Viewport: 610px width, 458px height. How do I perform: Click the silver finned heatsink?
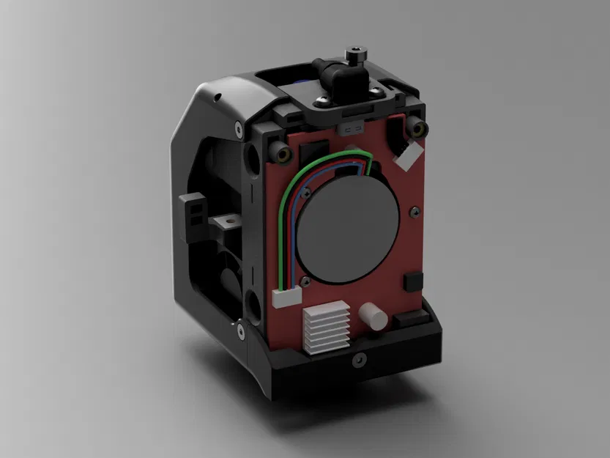pyautogui.click(x=323, y=330)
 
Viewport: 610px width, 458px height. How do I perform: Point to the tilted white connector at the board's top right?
pyautogui.click(x=409, y=156)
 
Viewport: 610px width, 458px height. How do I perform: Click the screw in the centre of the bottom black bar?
pyautogui.click(x=358, y=360)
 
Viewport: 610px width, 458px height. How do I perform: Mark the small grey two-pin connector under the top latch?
pyautogui.click(x=350, y=128)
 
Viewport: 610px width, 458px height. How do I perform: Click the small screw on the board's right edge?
pyautogui.click(x=416, y=213)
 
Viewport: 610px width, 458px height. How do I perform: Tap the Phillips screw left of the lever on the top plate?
pyautogui.click(x=323, y=97)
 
